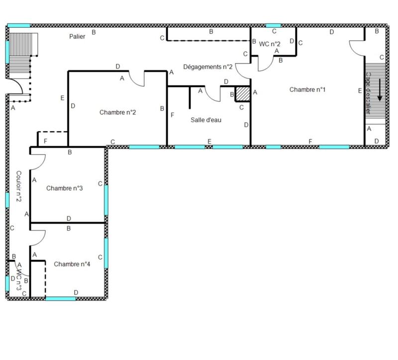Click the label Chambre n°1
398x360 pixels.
[307, 90]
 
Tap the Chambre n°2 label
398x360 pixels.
[118, 112]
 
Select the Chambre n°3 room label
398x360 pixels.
[64, 188]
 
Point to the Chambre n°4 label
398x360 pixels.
[72, 264]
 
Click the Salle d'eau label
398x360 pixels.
[205, 120]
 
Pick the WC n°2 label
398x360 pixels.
[270, 44]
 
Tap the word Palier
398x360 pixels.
[78, 36]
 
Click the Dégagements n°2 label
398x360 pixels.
[208, 67]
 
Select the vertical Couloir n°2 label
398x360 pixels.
[18, 186]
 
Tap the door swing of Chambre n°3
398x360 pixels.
[39, 161]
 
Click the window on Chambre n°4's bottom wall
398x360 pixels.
[61, 298]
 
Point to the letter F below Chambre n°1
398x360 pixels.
[310, 142]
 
